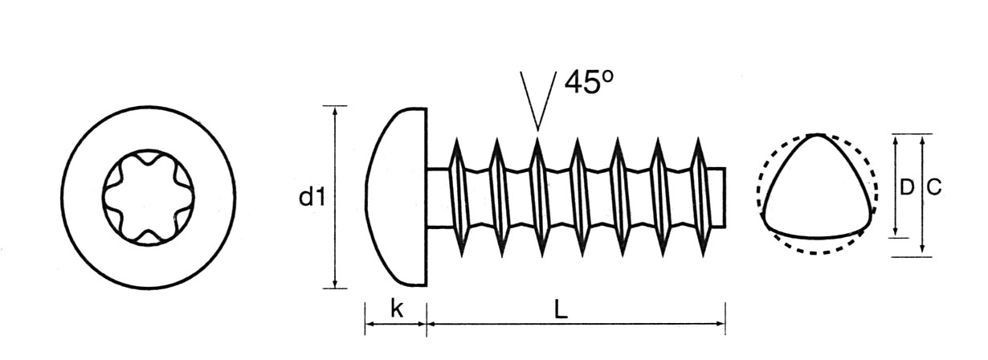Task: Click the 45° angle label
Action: [589, 82]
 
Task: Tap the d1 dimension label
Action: [312, 197]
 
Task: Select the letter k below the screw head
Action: [397, 309]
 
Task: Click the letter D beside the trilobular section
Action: [906, 187]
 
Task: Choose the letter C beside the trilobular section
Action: [933, 187]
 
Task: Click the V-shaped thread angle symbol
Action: [537, 100]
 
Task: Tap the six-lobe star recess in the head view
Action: [148, 197]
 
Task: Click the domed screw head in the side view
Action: [397, 197]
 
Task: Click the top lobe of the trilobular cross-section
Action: [817, 137]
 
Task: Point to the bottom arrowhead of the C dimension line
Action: [922, 251]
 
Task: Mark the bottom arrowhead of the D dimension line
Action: [896, 232]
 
